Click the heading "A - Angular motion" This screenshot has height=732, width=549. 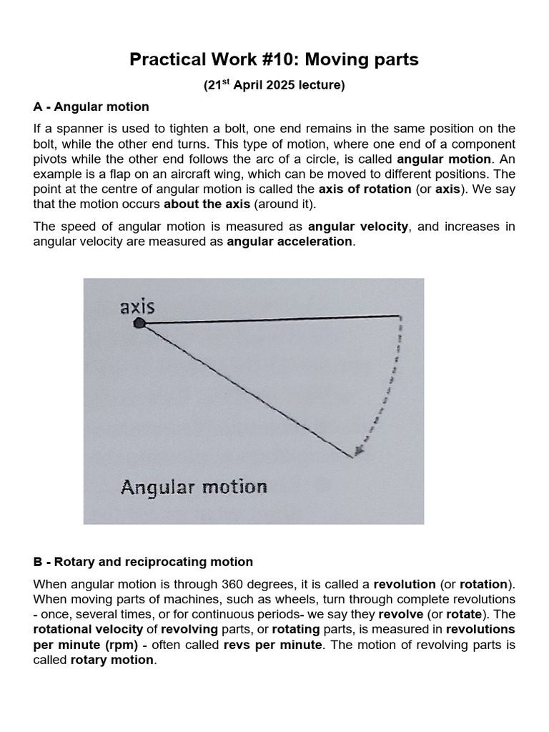tap(91, 107)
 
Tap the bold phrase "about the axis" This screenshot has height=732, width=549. tap(207, 204)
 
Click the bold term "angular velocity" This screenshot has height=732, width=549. tap(358, 227)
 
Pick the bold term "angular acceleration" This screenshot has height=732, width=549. tap(290, 242)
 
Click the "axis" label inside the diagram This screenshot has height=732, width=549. tap(137, 307)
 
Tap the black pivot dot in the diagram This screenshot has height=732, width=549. tap(140, 324)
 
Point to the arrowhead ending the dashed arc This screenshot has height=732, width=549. tap(358, 450)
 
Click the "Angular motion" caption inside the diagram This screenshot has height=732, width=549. tap(194, 488)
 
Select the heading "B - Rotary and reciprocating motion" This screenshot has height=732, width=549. tap(143, 562)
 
